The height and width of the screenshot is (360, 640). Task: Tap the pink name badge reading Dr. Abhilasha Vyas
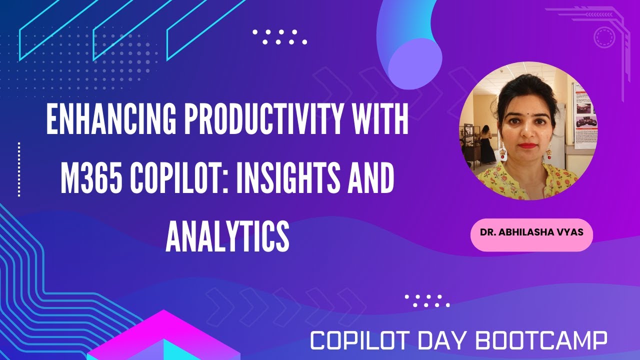tap(531, 233)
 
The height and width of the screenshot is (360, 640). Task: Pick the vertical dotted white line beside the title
tap(19, 169)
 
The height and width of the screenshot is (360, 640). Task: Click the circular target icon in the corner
tap(603, 37)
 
